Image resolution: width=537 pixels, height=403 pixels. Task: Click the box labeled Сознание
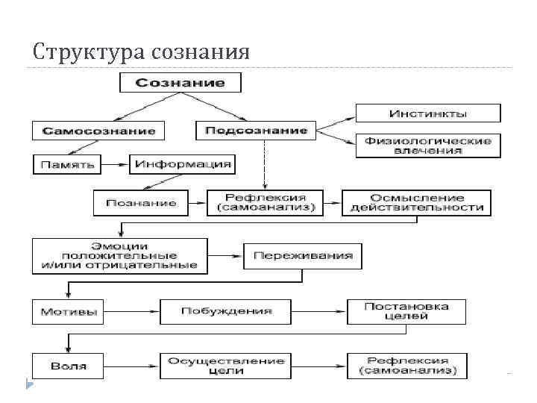180,81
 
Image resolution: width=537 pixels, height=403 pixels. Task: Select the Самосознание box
98,130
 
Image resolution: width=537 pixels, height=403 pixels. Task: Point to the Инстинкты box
427,113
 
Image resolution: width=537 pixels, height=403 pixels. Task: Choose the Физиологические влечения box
427,145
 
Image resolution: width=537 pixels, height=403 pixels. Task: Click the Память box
67,163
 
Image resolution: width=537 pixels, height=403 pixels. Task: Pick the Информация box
181,163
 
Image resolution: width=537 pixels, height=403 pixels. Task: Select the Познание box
140,202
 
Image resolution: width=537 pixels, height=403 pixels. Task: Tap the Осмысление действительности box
416,202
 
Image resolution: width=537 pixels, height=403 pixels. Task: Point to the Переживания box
302,256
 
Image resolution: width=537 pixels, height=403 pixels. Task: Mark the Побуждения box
226,311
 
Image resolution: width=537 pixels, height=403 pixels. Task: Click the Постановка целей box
406,311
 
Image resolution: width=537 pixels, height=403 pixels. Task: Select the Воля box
69,366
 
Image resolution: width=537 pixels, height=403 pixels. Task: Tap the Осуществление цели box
226,366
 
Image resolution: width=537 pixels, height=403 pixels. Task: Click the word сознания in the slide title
200,52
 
